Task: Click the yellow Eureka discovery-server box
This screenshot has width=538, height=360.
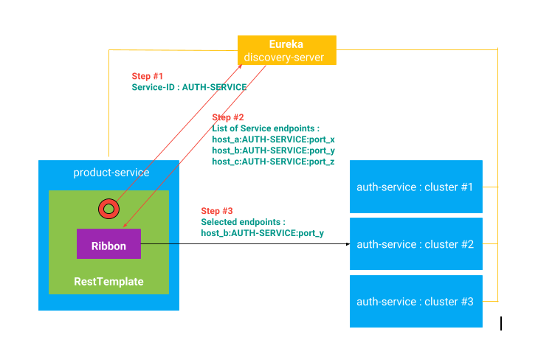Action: click(287, 50)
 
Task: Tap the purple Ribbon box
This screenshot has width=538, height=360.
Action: click(108, 243)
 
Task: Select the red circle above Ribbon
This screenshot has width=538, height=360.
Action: click(108, 209)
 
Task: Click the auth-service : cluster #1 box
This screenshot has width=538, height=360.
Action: click(416, 187)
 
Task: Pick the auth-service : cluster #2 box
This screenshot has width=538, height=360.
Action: click(416, 243)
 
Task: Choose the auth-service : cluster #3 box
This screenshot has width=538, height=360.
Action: click(416, 302)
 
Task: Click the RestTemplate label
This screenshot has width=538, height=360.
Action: click(108, 282)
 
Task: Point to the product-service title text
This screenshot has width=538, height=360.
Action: click(111, 172)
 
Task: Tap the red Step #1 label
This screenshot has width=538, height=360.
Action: click(148, 76)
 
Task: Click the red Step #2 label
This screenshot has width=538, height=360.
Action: click(228, 117)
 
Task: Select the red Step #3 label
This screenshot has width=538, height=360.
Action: click(217, 211)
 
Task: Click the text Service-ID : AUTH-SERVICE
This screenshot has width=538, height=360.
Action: click(189, 87)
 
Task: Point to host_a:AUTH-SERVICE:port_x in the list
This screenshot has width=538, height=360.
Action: click(274, 139)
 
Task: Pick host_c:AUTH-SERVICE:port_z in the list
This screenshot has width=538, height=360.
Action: click(274, 162)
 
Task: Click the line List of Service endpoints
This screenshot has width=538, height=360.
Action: click(266, 128)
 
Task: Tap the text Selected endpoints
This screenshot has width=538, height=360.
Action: click(244, 222)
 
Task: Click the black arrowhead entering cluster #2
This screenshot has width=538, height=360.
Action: click(348, 244)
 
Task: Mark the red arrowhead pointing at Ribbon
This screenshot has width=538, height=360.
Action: click(125, 225)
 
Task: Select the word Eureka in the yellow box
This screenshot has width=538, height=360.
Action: click(286, 44)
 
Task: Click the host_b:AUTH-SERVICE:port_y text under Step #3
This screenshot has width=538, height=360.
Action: click(263, 233)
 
